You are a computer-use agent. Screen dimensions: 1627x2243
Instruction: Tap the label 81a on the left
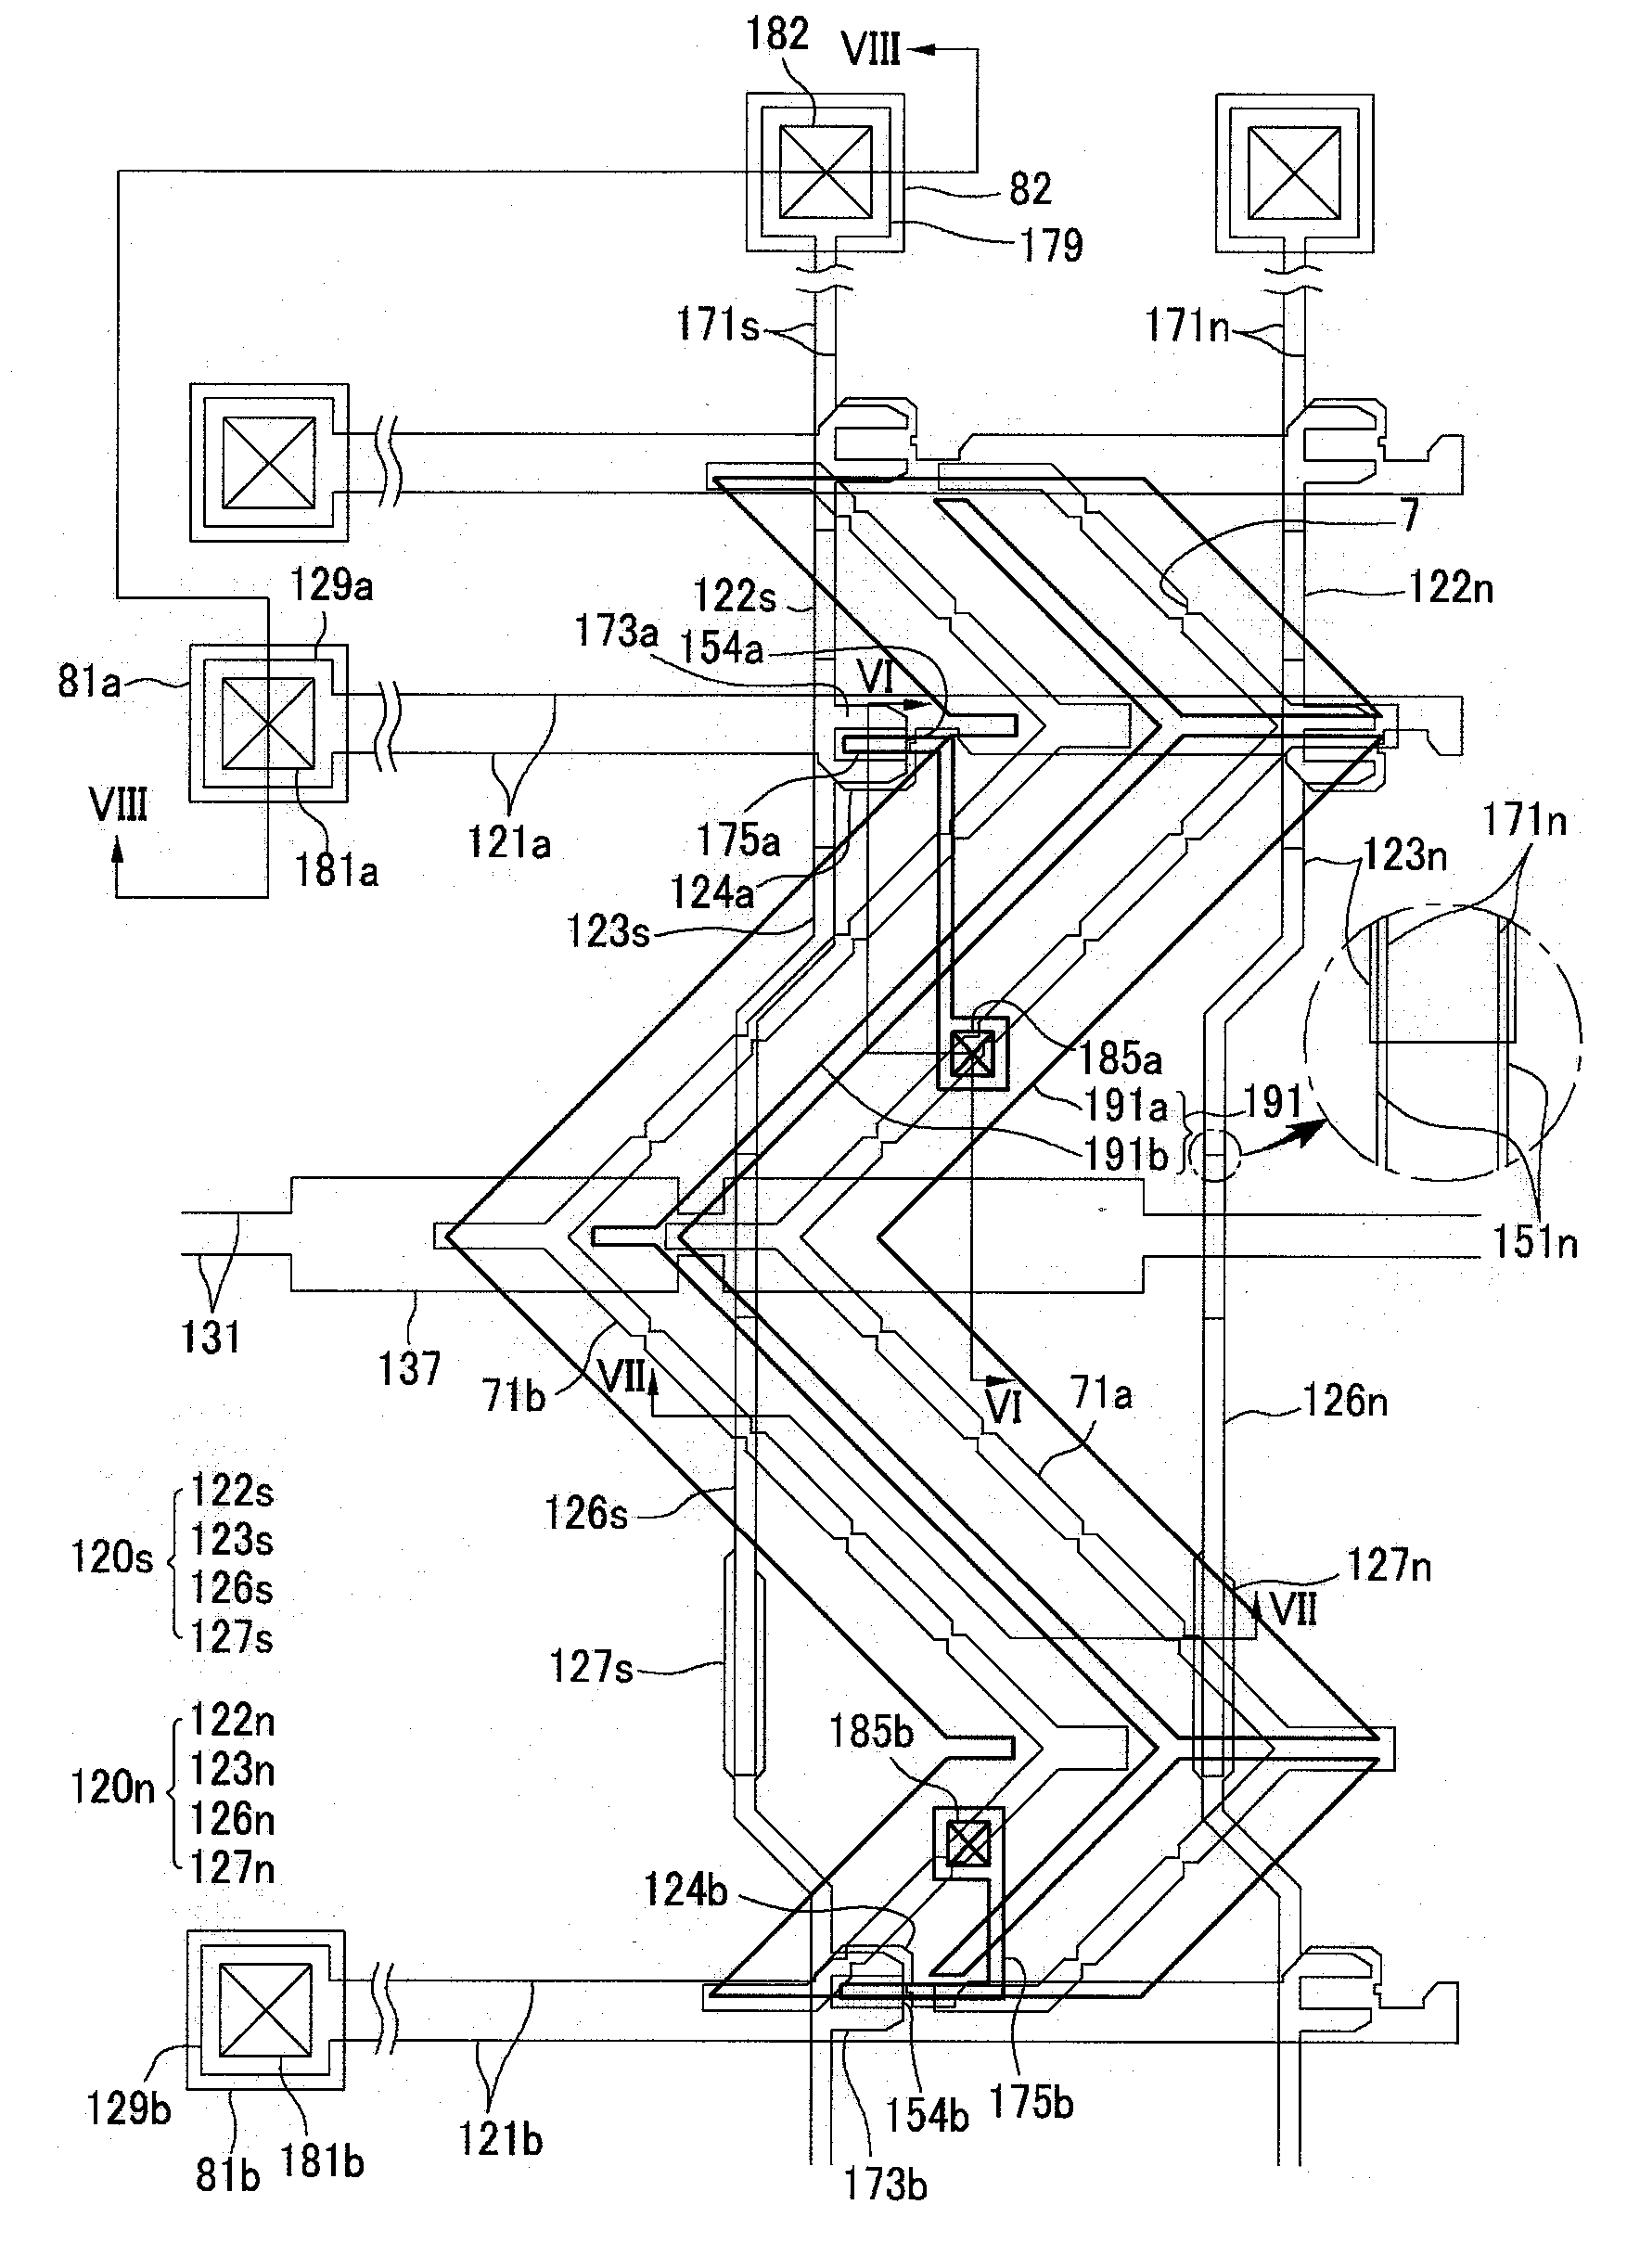tap(88, 682)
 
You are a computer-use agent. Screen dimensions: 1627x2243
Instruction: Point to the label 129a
tap(331, 585)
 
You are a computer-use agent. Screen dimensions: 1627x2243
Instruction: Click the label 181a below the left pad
tap(337, 871)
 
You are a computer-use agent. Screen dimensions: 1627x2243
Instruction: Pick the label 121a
tap(508, 842)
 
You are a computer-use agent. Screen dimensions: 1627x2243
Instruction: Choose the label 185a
tap(1120, 1059)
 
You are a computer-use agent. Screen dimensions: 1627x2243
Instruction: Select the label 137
tap(409, 1370)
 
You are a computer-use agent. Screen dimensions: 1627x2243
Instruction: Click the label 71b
tap(514, 1396)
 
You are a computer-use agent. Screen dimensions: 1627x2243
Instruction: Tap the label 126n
tap(1345, 1402)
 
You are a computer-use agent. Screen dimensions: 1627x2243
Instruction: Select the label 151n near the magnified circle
tap(1535, 1242)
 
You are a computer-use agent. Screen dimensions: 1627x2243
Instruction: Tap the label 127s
tap(592, 1668)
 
